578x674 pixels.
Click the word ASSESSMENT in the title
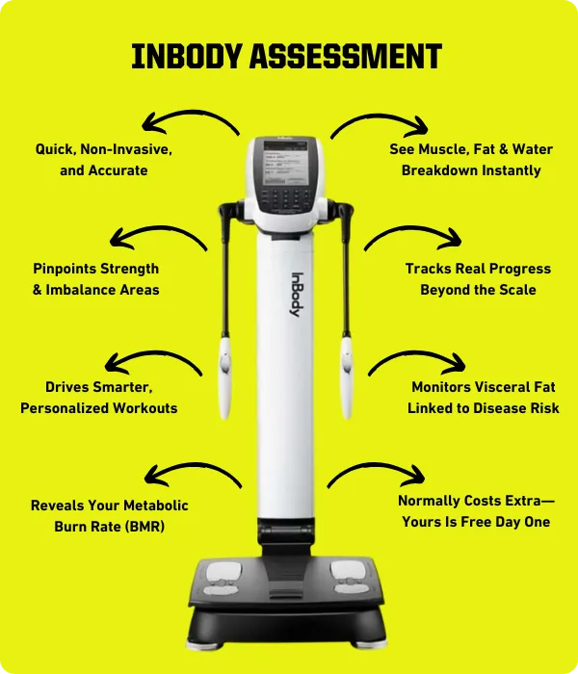coord(346,56)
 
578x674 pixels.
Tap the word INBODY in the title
coord(186,56)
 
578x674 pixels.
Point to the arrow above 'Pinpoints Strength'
coord(158,230)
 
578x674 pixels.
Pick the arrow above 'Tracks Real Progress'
coord(413,230)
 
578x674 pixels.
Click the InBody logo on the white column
coord(297,295)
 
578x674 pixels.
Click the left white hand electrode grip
coord(224,377)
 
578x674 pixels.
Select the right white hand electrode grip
coord(347,377)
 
